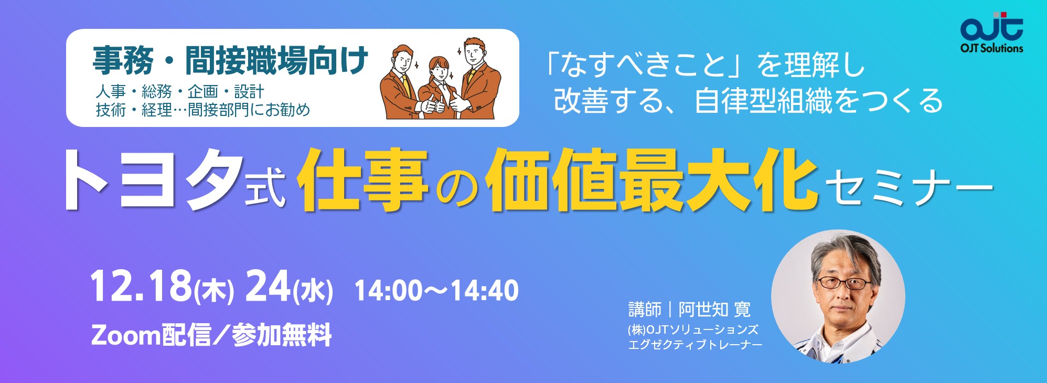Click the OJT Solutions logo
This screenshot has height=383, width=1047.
tap(991, 33)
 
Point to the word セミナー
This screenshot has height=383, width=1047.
tap(910, 186)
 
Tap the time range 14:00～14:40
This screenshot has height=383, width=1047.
tap(436, 290)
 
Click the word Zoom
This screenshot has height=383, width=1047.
tap(125, 335)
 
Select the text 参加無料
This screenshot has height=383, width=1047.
tap(282, 335)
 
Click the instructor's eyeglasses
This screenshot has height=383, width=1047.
tap(845, 283)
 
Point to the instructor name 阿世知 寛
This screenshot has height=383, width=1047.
tap(715, 310)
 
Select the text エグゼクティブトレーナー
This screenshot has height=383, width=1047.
tap(695, 345)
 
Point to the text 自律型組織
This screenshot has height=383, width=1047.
tap(763, 101)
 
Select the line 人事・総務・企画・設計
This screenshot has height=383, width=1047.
tap(179, 92)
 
